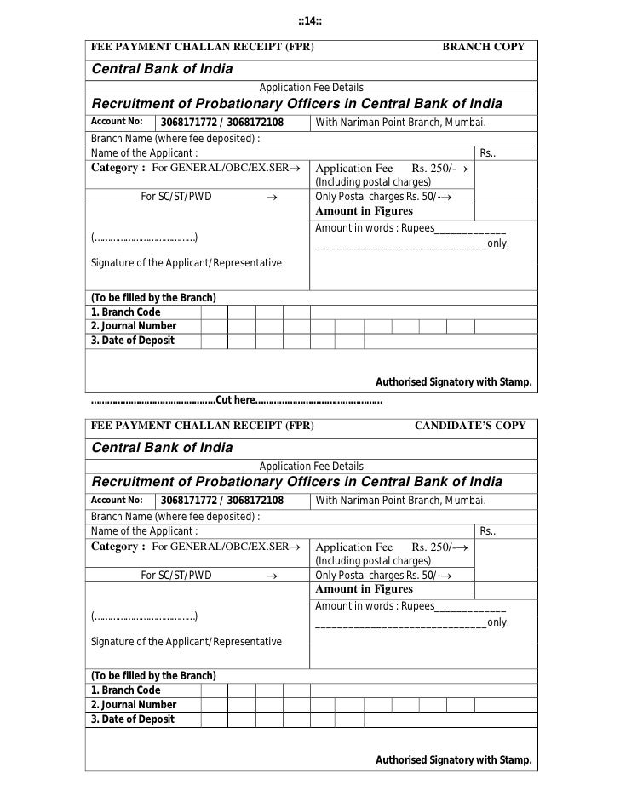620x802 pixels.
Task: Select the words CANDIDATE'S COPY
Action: (x=469, y=425)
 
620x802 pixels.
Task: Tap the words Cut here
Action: (x=236, y=399)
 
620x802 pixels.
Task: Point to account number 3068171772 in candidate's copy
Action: (x=187, y=501)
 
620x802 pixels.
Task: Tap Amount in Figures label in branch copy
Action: (x=364, y=210)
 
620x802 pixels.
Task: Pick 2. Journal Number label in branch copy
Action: (x=134, y=326)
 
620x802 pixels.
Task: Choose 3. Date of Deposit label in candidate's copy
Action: (x=133, y=719)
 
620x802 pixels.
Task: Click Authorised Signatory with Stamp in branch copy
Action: (x=454, y=382)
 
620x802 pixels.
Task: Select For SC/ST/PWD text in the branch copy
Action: (x=176, y=196)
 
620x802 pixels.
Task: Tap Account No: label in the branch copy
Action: (x=111, y=122)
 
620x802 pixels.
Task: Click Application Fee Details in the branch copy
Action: (x=311, y=88)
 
